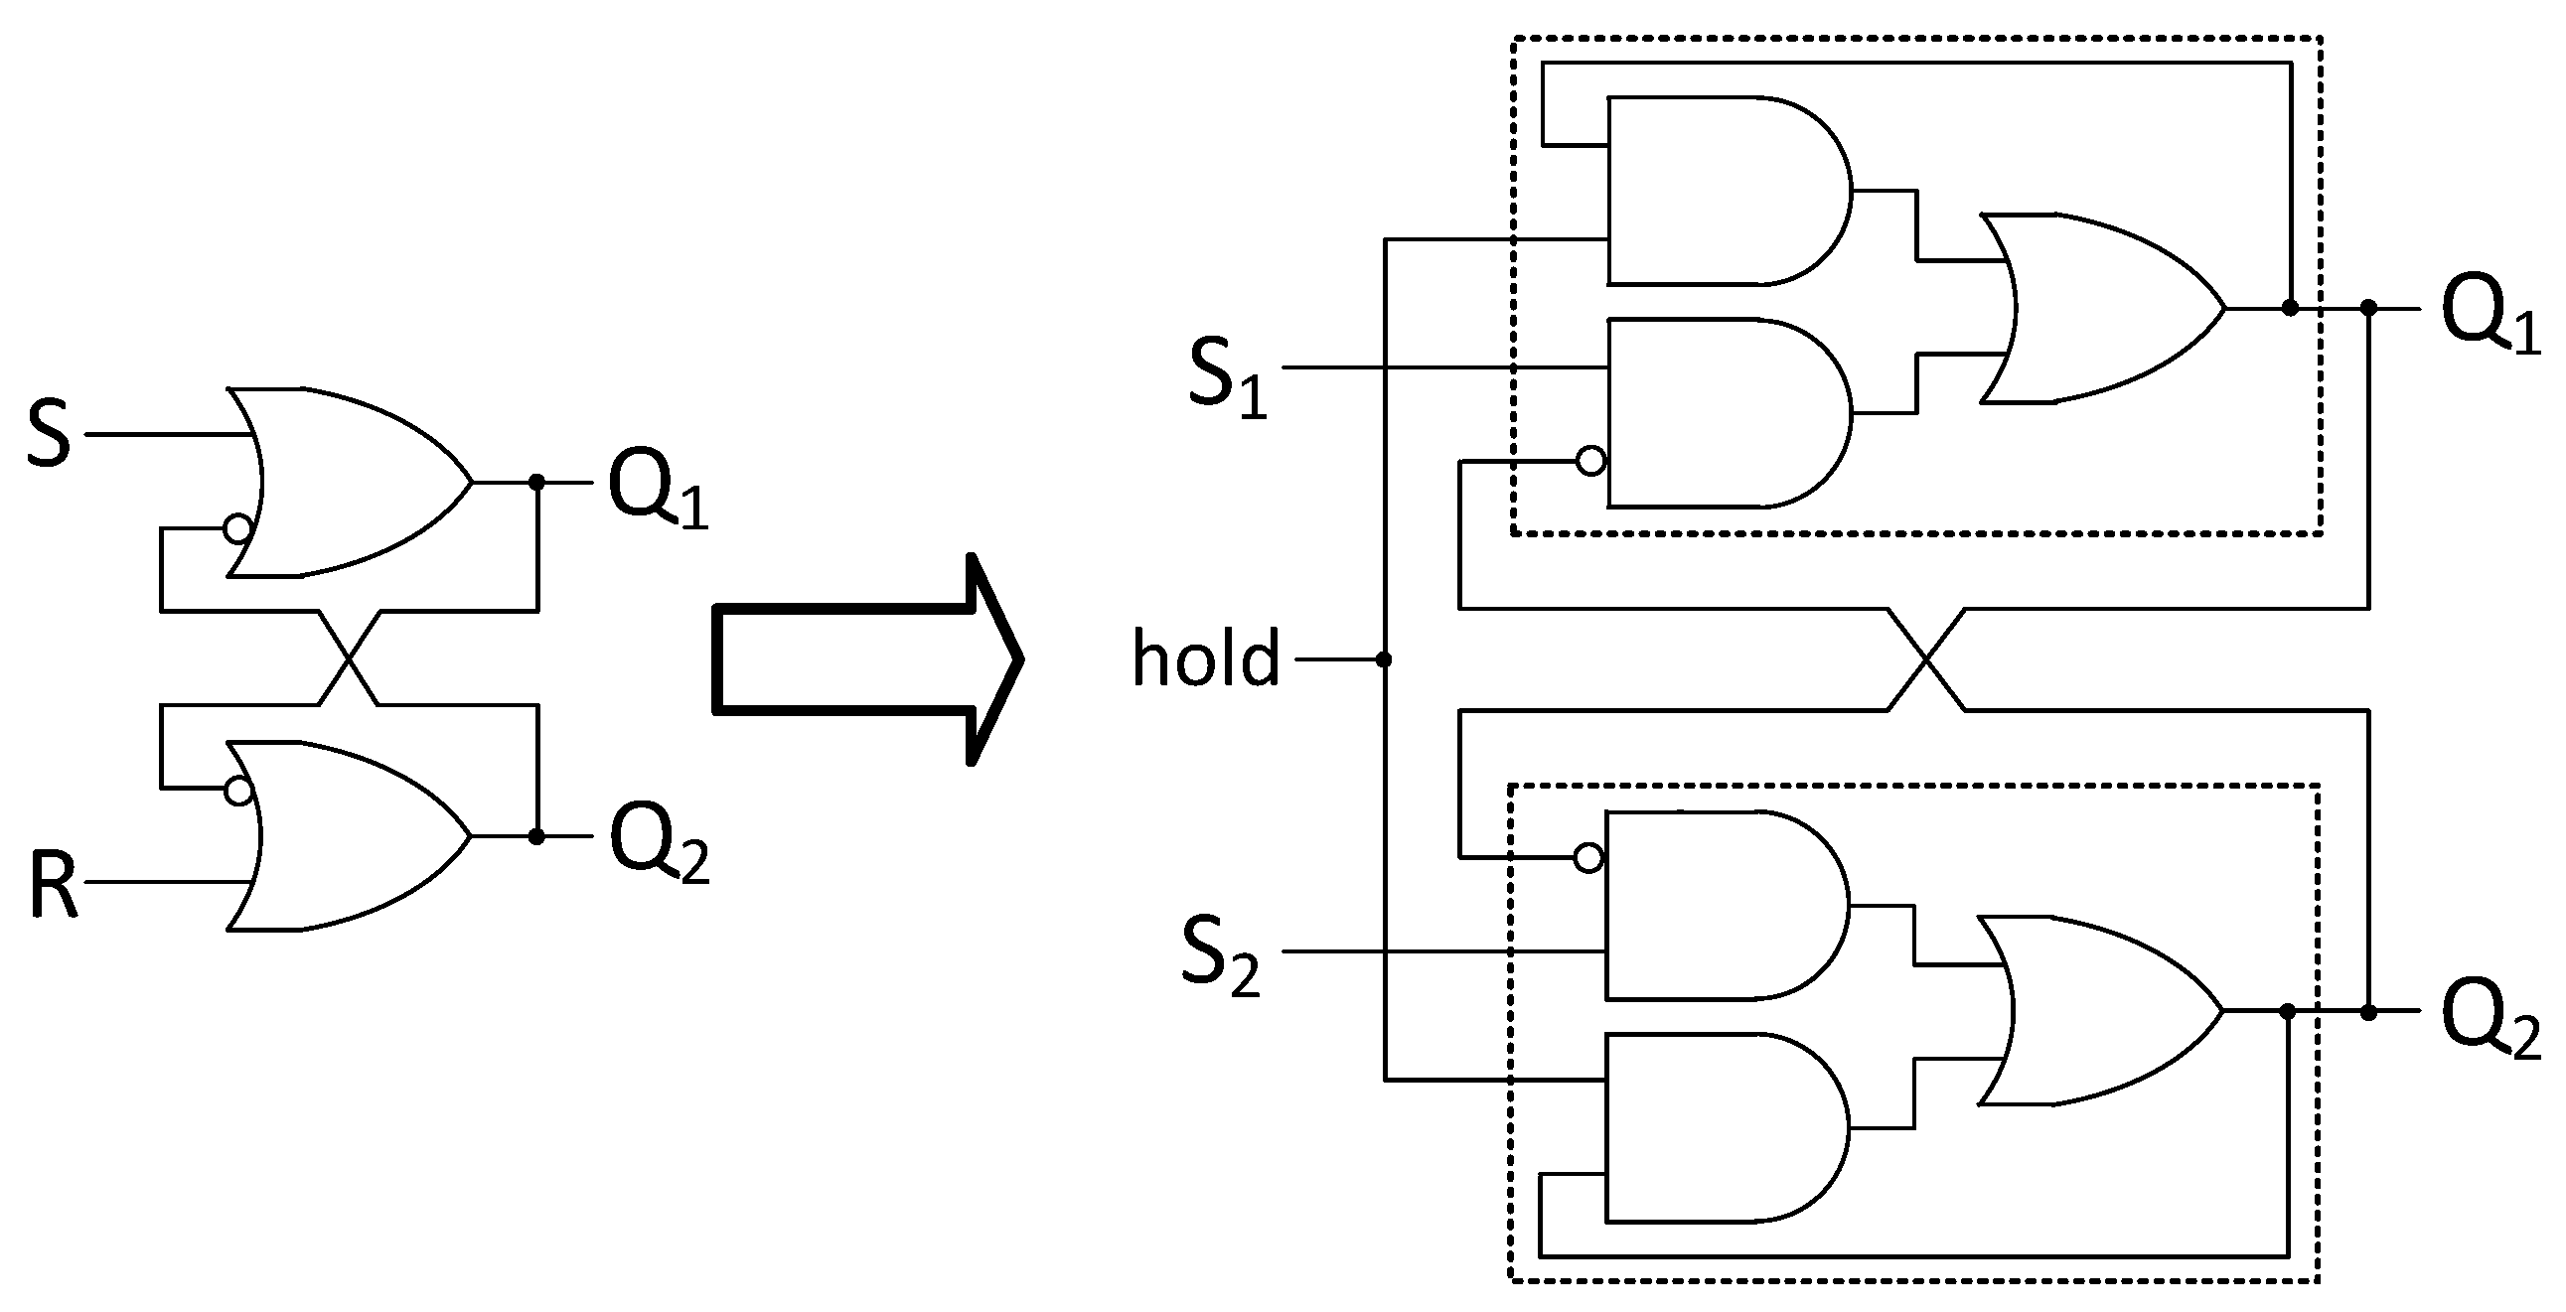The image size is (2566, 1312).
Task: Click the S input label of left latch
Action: point(49,434)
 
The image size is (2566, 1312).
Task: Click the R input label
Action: point(53,885)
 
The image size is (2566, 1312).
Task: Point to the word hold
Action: point(1206,658)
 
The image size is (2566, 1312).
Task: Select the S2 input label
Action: point(1220,956)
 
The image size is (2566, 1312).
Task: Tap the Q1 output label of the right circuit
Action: point(2491,315)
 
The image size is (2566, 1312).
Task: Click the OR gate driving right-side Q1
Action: point(2092,309)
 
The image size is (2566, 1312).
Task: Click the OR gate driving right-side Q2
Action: point(2092,1011)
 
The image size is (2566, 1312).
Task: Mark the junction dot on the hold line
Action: point(1383,659)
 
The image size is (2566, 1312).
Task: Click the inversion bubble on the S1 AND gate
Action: point(1590,461)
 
